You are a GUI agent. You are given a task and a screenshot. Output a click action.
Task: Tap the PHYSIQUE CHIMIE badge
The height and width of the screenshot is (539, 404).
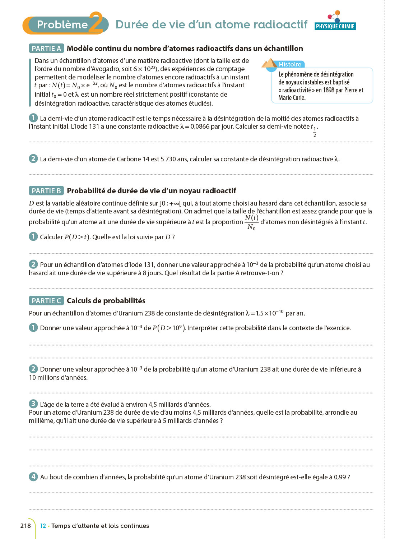pyautogui.click(x=335, y=26)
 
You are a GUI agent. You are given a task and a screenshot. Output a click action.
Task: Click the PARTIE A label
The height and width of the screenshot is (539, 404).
pyautogui.click(x=46, y=49)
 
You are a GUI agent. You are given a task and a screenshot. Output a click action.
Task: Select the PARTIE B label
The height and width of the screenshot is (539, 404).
pyautogui.click(x=46, y=191)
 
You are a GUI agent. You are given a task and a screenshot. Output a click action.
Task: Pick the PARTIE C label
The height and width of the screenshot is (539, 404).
pyautogui.click(x=46, y=301)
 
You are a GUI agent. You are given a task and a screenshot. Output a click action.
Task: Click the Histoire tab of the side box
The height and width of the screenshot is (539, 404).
pyautogui.click(x=290, y=64)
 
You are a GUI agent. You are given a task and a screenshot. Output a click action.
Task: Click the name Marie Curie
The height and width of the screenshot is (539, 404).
pyautogui.click(x=292, y=98)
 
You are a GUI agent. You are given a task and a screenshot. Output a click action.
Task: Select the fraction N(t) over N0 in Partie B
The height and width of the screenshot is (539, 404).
pyautogui.click(x=251, y=222)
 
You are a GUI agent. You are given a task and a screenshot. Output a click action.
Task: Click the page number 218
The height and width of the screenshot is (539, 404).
pyautogui.click(x=25, y=526)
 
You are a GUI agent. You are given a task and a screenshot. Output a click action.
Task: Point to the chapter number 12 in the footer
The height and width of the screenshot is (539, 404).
pyautogui.click(x=43, y=526)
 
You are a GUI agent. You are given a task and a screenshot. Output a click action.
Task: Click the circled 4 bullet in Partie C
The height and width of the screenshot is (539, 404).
pyautogui.click(x=33, y=477)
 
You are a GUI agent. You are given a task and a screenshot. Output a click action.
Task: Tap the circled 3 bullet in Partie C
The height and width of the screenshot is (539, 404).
pyautogui.click(x=33, y=404)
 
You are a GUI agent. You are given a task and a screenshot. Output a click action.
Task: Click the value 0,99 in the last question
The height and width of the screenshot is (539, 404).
pyautogui.click(x=340, y=477)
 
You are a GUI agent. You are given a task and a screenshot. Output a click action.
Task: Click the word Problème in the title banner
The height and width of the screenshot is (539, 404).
pyautogui.click(x=62, y=24)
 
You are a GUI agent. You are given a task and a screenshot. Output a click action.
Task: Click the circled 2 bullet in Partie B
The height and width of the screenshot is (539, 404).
pyautogui.click(x=33, y=264)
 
